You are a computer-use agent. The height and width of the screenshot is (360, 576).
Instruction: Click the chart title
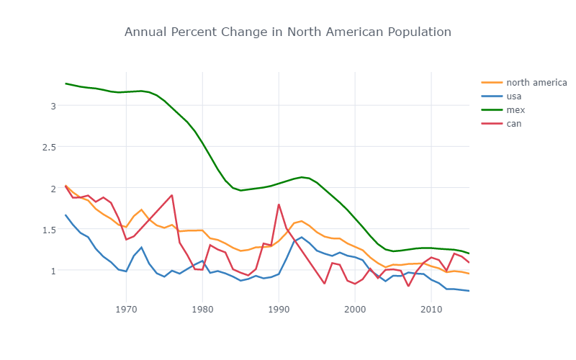[x=288, y=32]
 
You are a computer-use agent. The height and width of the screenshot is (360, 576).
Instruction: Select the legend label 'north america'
[x=536, y=82]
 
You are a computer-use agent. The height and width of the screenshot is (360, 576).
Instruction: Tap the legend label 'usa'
[x=513, y=96]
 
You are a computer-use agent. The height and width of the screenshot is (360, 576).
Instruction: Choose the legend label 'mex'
[x=514, y=109]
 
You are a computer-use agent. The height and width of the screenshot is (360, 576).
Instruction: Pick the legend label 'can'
[x=513, y=123]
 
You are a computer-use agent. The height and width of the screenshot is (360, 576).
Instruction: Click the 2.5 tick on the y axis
[x=49, y=147]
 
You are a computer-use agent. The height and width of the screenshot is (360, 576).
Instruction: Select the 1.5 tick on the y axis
[x=49, y=230]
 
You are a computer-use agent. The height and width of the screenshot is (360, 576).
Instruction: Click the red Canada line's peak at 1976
[x=172, y=195]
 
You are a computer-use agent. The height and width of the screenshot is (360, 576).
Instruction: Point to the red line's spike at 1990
[x=279, y=204]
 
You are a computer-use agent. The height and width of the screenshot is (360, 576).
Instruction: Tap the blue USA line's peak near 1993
[x=302, y=237]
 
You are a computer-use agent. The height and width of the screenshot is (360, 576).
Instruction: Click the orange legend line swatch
[x=491, y=82]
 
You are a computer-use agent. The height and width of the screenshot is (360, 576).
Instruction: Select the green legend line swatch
[x=491, y=109]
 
